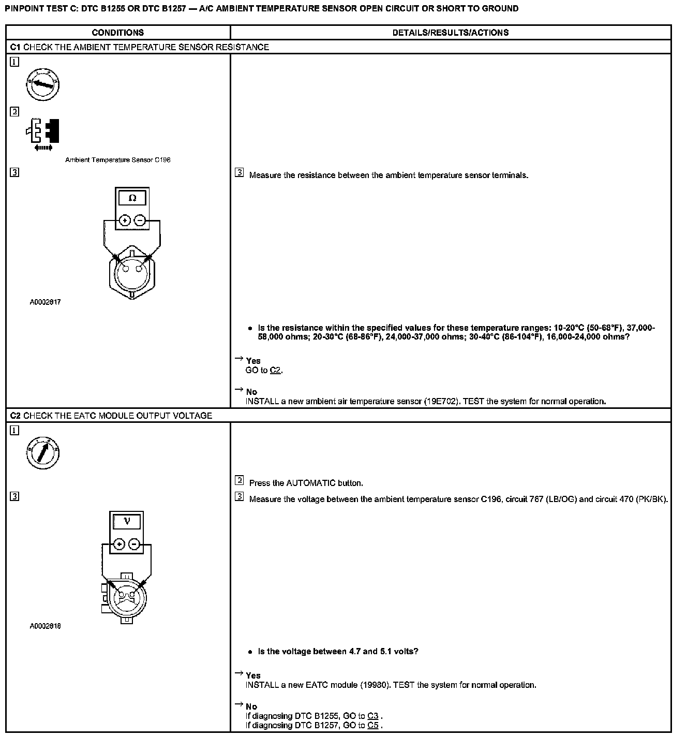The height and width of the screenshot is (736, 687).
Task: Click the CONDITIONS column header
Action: (117, 33)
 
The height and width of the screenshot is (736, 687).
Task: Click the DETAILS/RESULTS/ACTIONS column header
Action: (450, 33)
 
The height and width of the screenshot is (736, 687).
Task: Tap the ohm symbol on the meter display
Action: (132, 198)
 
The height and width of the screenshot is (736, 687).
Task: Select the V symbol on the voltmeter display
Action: (127, 522)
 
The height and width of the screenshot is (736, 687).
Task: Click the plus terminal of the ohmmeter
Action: (124, 220)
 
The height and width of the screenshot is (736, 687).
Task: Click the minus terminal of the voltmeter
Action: (134, 544)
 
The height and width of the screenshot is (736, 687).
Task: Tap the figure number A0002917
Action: (45, 302)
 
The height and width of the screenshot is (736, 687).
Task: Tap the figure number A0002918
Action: (45, 626)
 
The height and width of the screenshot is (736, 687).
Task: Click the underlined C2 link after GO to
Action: (276, 371)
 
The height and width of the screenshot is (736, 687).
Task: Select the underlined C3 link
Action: (372, 716)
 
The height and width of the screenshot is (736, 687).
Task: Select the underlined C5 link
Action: (372, 725)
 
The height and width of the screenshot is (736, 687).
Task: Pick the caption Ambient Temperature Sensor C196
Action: (117, 160)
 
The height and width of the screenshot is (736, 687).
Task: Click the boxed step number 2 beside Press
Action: (239, 481)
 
